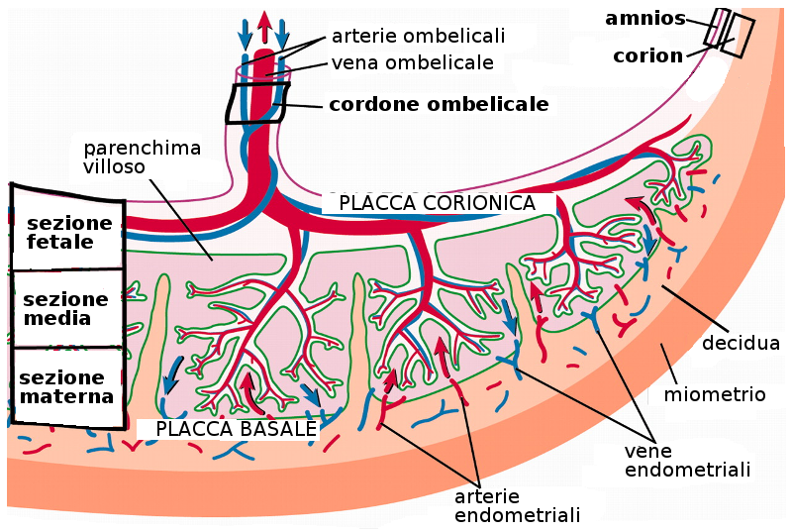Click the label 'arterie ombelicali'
click(418, 37)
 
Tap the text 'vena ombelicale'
click(412, 62)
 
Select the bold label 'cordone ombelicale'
click(439, 104)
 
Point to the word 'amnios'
click(645, 17)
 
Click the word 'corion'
click(647, 55)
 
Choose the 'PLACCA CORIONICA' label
click(437, 203)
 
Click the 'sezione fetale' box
click(68, 233)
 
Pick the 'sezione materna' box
click(66, 387)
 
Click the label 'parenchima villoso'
click(143, 158)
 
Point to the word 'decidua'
click(741, 344)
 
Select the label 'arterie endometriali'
click(517, 505)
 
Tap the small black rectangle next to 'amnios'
click(718, 27)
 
